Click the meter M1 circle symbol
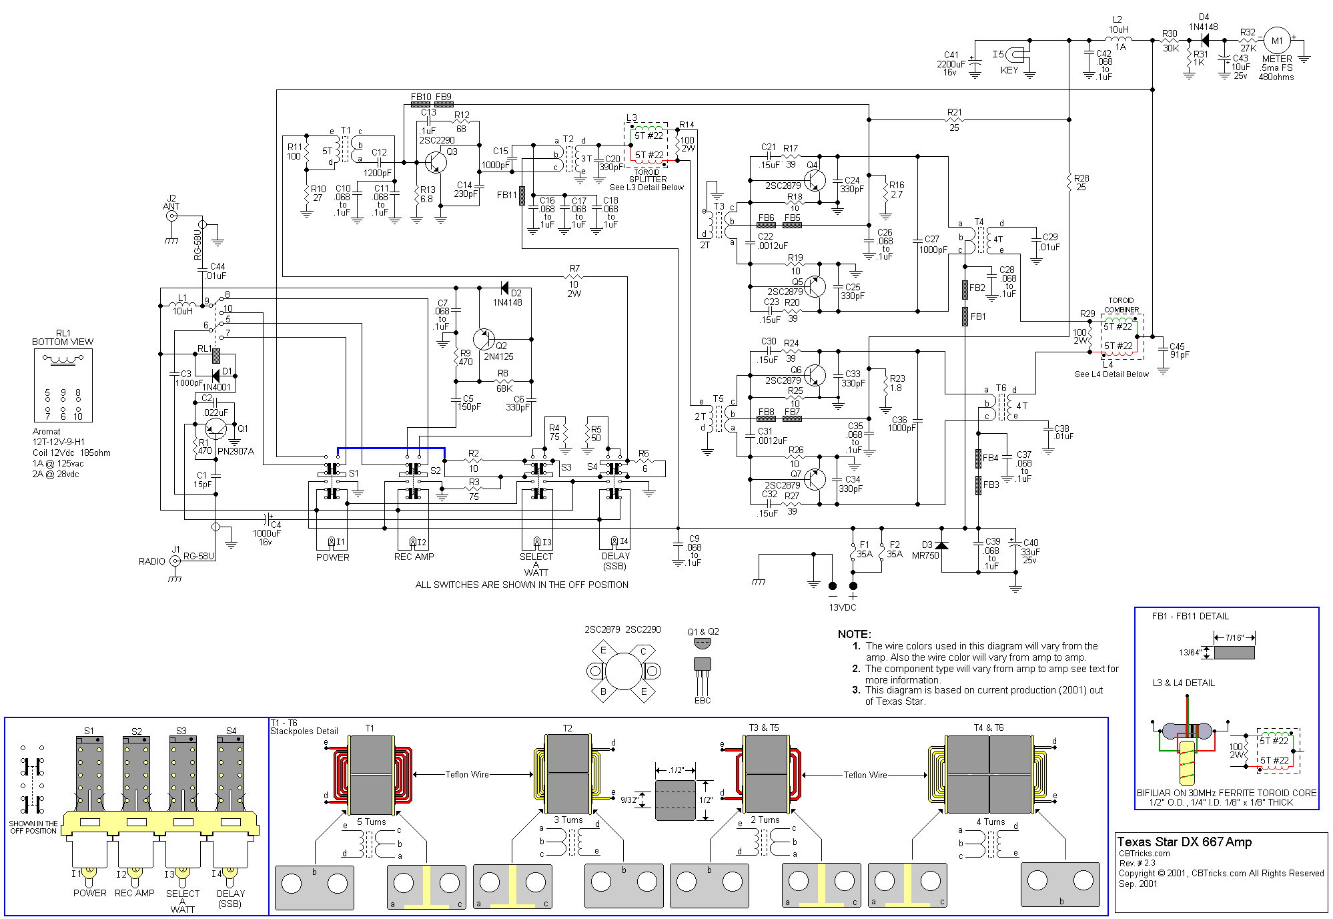[1277, 41]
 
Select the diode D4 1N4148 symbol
[1204, 40]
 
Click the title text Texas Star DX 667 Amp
[1184, 842]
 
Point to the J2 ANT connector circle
[171, 216]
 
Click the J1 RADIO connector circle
[175, 561]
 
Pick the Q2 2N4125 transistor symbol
[484, 339]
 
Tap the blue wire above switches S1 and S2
[391, 448]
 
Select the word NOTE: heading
[855, 634]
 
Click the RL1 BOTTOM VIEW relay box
[63, 385]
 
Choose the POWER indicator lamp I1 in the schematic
[332, 542]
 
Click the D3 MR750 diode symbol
[941, 545]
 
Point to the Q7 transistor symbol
[815, 479]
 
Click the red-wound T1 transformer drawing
[371, 774]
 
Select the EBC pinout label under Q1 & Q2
[703, 700]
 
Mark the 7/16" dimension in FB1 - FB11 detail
[1234, 637]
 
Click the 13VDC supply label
[843, 607]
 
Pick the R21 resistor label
[955, 112]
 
